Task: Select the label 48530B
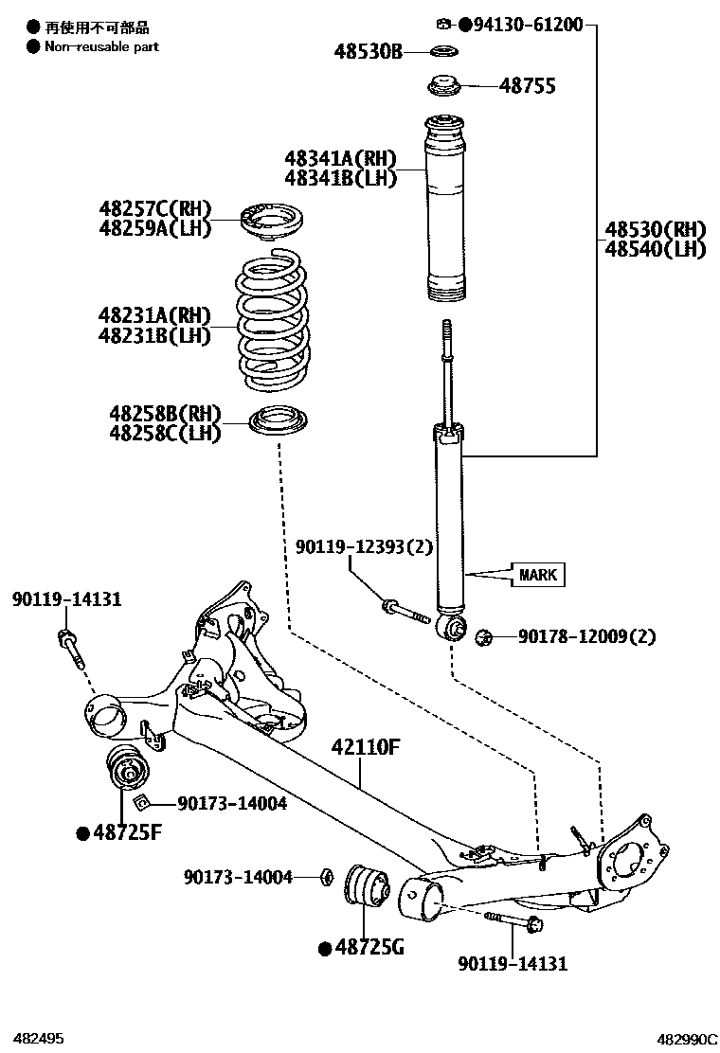click(368, 51)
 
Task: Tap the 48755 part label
click(528, 86)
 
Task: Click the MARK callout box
click(538, 574)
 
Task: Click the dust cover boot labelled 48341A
click(443, 208)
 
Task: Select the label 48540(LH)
click(656, 249)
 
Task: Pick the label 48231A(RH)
click(153, 315)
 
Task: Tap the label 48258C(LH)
click(165, 434)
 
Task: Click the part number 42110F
click(366, 747)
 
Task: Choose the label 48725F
click(127, 832)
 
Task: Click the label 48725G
click(367, 946)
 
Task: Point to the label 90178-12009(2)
click(586, 636)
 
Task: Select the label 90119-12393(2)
click(351, 546)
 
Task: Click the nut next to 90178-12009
click(481, 636)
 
